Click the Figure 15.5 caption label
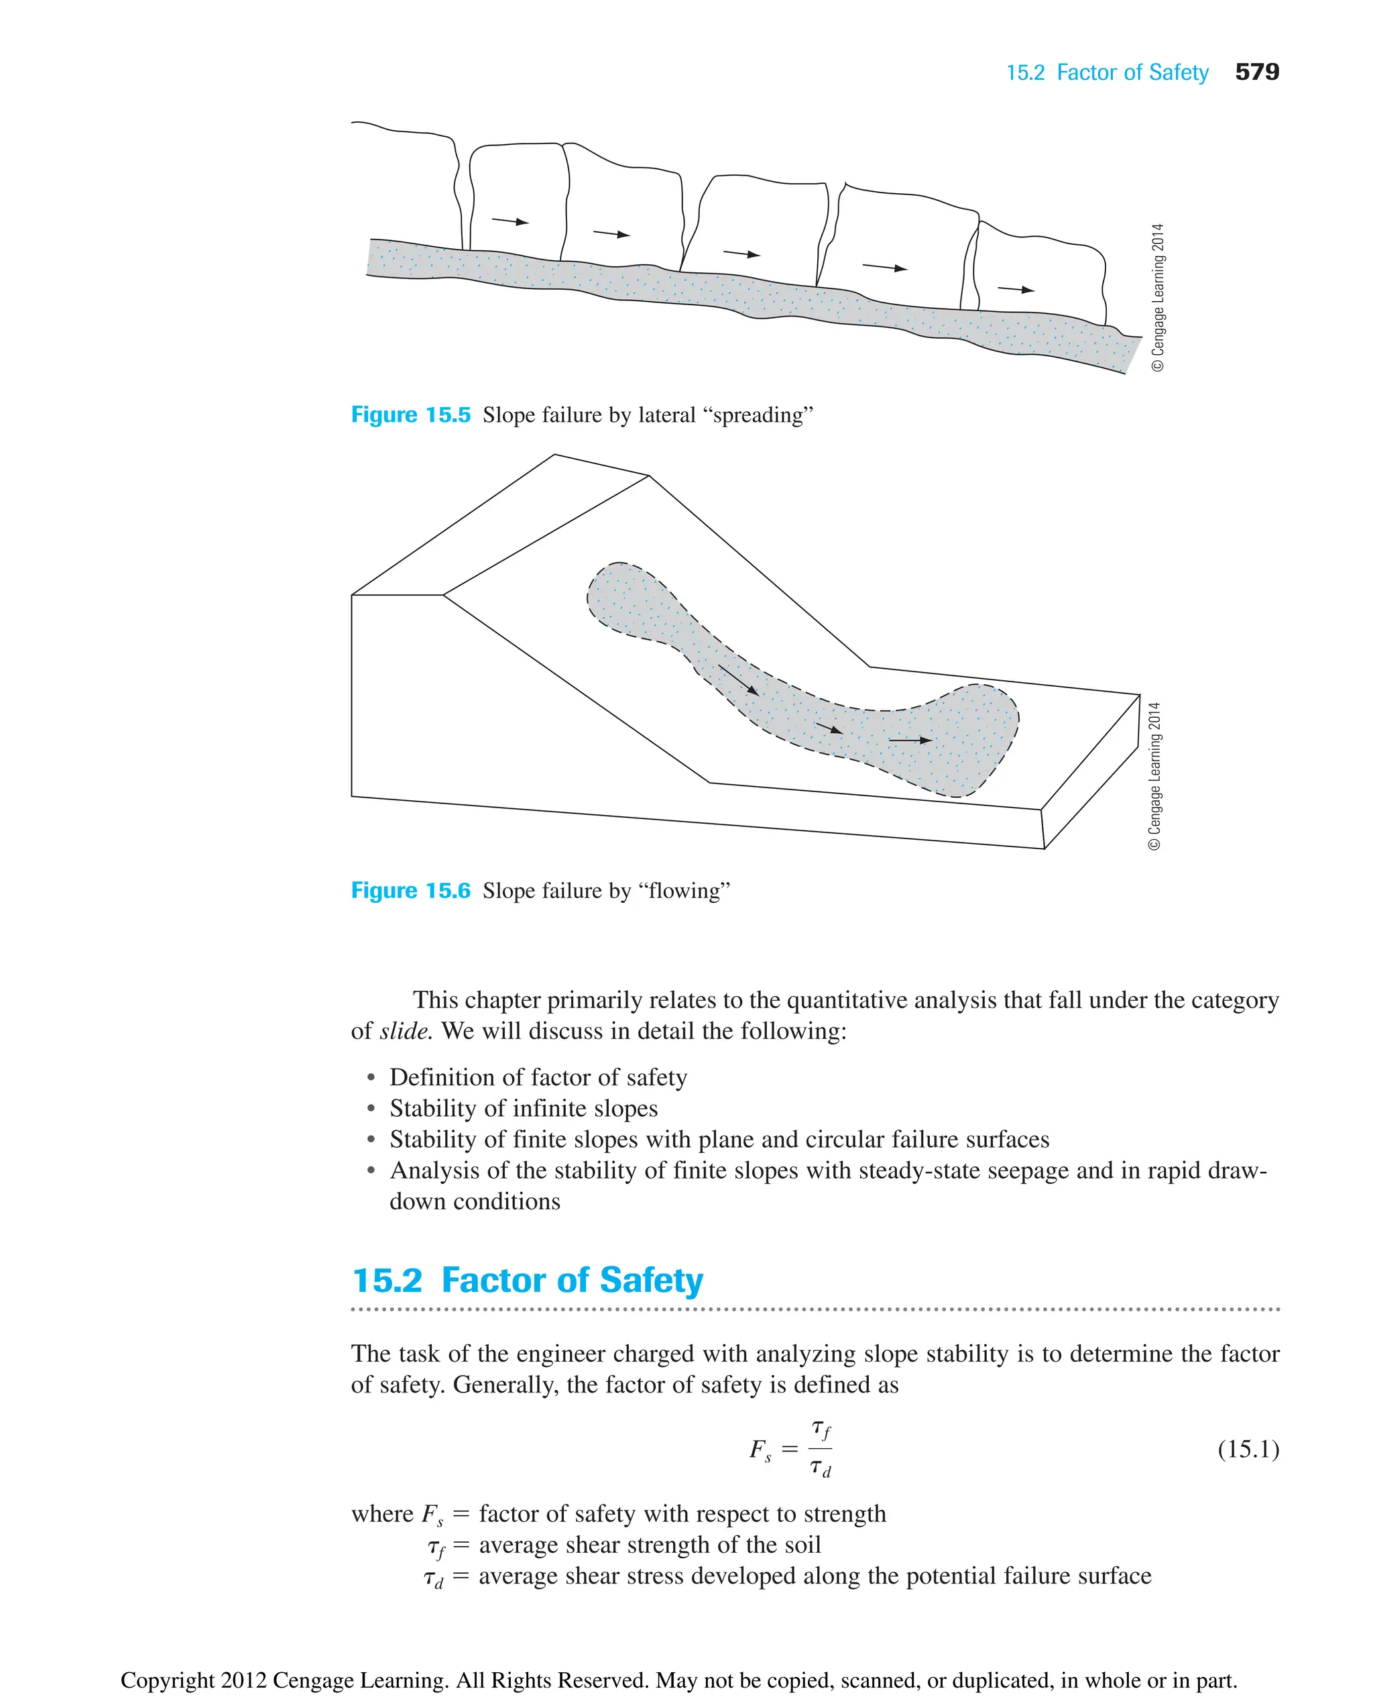click(x=410, y=415)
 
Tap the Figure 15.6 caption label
click(x=410, y=890)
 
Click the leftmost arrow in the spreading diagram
click(x=510, y=221)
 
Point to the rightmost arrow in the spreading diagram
click(x=1016, y=289)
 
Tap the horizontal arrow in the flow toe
click(x=910, y=741)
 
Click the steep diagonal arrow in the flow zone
click(x=738, y=679)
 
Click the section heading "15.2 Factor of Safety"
click(x=528, y=1280)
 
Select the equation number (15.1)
click(x=1248, y=1449)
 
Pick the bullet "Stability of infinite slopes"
click(x=523, y=1108)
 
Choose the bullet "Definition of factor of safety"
click(x=538, y=1077)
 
